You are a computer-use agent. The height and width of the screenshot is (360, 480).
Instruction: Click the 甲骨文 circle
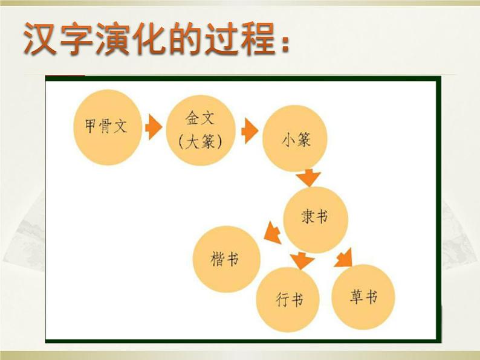(x=106, y=127)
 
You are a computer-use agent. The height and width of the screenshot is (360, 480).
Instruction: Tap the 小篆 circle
(x=296, y=140)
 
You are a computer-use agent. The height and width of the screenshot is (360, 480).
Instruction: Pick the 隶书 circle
(x=316, y=215)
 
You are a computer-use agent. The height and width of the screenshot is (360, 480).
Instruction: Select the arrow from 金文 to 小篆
(x=249, y=131)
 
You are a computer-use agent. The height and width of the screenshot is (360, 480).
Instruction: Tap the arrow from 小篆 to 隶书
(x=310, y=178)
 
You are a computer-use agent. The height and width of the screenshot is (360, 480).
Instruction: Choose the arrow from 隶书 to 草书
(x=344, y=257)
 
